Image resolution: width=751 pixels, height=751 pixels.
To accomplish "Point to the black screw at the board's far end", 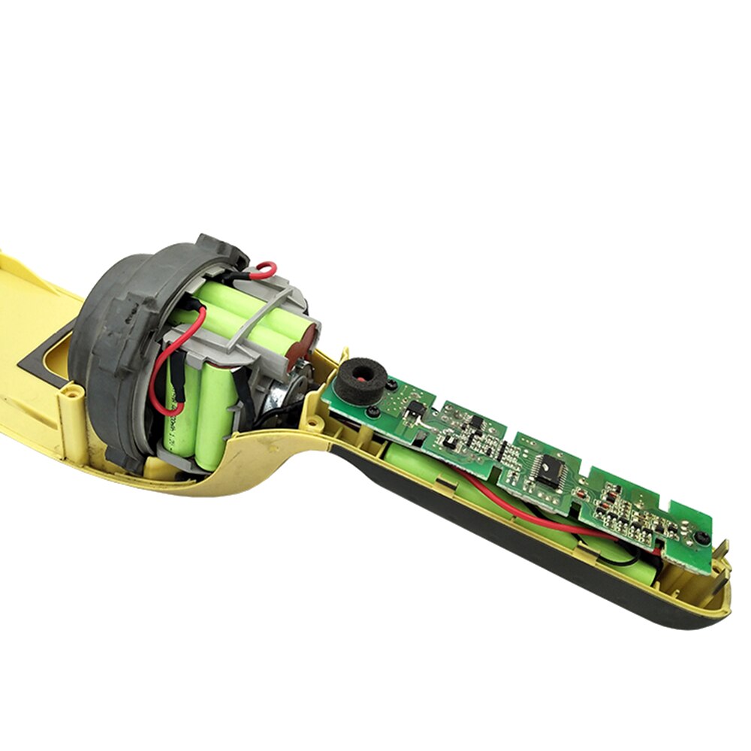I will click(x=699, y=538).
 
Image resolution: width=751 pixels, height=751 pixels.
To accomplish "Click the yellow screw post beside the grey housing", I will click(x=71, y=391).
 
